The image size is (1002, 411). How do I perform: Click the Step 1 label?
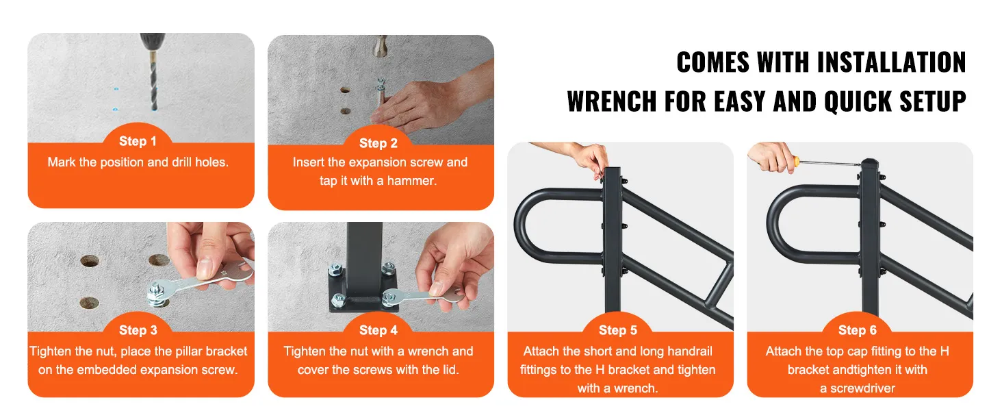(138, 142)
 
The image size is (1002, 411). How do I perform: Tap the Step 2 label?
(378, 143)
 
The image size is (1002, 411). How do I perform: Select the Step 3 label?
(138, 330)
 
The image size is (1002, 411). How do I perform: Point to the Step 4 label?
(378, 330)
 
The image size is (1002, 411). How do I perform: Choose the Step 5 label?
(618, 330)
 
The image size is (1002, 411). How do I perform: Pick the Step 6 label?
(858, 330)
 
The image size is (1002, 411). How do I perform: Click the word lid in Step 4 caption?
(451, 370)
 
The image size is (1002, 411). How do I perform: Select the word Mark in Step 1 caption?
(62, 162)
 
